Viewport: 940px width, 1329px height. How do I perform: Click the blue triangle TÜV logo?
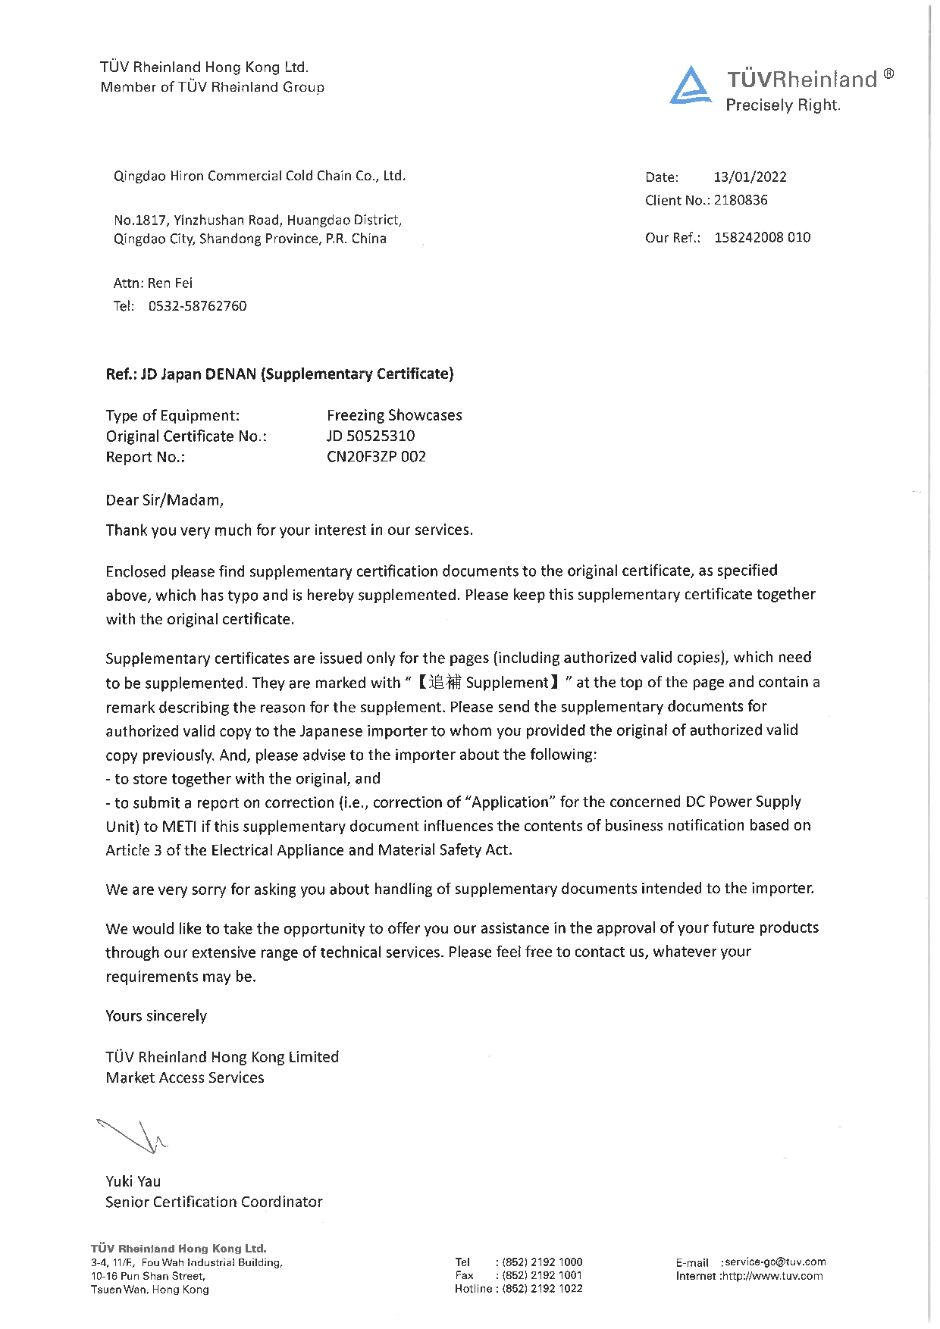690,86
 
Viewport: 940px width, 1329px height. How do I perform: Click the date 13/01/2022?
750,177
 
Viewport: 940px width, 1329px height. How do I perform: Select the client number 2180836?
741,200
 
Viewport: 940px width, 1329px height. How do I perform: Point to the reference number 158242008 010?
762,238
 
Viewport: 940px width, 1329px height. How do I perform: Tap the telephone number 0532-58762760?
197,306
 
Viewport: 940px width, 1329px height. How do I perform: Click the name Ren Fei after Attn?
170,283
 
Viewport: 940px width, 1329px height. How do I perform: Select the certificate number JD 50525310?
371,436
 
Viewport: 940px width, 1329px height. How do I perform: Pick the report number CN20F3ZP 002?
376,457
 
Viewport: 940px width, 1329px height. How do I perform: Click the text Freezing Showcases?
394,415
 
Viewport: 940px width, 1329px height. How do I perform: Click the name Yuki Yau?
133,1181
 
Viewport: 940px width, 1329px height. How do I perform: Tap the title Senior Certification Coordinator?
214,1202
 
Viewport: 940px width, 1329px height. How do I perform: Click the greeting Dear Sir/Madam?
164,500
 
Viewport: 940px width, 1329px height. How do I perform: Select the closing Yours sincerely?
156,1016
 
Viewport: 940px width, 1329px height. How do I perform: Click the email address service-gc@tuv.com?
775,1262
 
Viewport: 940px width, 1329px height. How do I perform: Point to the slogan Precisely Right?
783,105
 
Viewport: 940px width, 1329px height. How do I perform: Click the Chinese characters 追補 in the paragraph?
445,683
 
